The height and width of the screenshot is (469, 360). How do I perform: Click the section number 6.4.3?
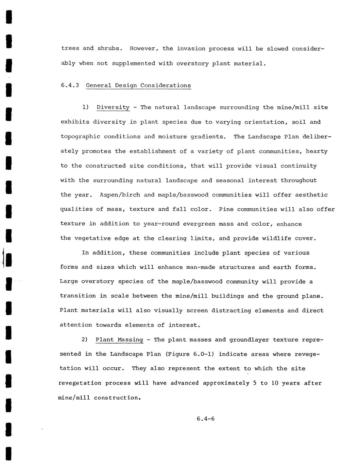[x=70, y=85]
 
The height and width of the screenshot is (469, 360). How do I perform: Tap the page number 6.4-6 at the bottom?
[x=205, y=419]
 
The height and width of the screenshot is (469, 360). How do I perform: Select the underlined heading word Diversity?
[x=113, y=107]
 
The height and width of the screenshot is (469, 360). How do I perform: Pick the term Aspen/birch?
[x=120, y=195]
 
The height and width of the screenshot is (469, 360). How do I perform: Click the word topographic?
[x=80, y=137]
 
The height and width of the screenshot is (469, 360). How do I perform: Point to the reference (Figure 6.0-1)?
[x=190, y=354]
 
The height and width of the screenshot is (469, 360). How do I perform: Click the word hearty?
[x=316, y=151]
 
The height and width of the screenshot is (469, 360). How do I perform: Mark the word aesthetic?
[x=311, y=195]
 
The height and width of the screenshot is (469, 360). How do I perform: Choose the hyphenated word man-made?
[x=201, y=267]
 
